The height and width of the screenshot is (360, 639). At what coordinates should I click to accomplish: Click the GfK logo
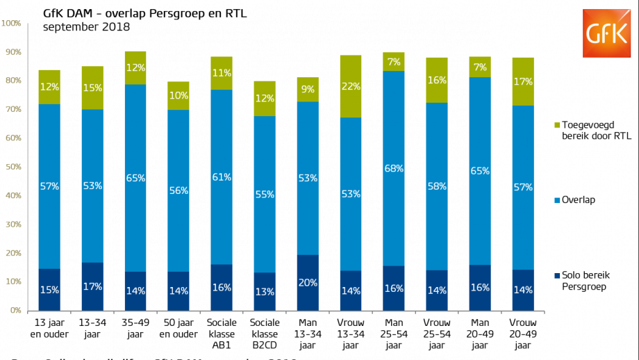[x=606, y=33]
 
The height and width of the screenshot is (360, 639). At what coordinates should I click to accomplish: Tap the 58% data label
[x=437, y=187]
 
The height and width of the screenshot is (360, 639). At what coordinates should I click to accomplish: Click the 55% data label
[x=265, y=195]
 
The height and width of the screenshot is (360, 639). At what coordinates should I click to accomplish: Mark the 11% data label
[x=222, y=74]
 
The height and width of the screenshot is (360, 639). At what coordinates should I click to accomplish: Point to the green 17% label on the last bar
[x=523, y=82]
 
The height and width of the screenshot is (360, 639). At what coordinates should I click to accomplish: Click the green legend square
[x=557, y=125]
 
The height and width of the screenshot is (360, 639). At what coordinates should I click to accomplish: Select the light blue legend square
[x=557, y=201]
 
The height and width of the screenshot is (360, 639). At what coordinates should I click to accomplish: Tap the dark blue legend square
[x=557, y=276]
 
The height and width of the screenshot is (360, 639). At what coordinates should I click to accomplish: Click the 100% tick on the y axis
[x=11, y=24]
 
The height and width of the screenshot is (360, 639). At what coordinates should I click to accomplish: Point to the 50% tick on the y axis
[x=13, y=167]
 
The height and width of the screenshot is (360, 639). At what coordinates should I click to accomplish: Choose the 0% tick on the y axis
[x=15, y=311]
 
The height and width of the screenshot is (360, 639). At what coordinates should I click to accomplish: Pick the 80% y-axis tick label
[x=13, y=81]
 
